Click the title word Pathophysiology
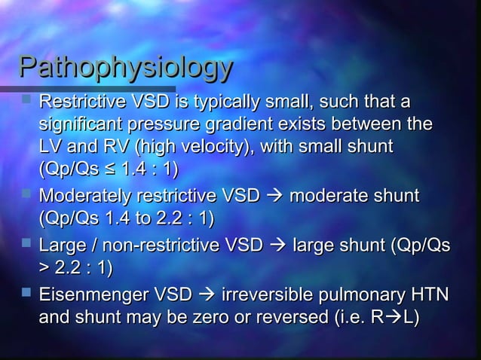click(x=125, y=69)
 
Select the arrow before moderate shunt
click(x=272, y=197)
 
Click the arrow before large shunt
click(x=275, y=246)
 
